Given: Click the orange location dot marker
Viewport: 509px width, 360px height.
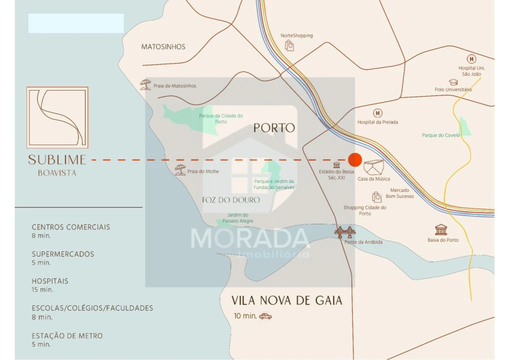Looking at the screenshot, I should point(354,159).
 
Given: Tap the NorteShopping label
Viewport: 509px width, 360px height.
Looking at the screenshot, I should point(296,35).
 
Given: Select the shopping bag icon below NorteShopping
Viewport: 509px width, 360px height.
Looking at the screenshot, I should point(289,46).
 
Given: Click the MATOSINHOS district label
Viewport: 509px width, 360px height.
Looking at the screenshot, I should point(163,46).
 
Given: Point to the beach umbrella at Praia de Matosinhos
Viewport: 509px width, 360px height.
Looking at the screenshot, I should point(145,84).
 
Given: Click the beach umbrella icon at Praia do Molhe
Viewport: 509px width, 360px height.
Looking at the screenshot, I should point(180,170).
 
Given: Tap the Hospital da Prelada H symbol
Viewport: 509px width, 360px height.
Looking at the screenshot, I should point(377,113).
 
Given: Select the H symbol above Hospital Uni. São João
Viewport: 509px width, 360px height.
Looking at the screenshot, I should point(471,59).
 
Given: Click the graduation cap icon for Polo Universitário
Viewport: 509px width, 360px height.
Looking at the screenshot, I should point(453,81).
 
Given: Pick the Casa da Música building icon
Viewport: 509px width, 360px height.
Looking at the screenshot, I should point(373,167).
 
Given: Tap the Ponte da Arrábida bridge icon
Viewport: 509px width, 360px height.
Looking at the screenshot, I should point(345,232).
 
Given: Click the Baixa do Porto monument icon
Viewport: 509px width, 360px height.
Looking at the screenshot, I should point(441,229).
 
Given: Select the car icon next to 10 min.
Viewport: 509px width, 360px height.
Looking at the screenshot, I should point(265,316).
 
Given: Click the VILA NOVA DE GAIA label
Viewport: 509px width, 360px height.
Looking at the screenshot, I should point(286,300).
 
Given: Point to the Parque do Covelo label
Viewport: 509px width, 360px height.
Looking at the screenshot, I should point(440,135).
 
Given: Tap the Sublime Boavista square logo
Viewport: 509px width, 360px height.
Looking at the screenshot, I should point(57,117).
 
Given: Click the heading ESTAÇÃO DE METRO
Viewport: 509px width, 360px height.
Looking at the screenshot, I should point(67,335).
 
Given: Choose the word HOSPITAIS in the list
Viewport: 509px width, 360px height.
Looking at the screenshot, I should point(50,281).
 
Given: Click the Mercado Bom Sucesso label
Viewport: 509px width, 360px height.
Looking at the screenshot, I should point(399,193).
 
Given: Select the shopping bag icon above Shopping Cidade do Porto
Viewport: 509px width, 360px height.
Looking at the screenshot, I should point(376,197).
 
